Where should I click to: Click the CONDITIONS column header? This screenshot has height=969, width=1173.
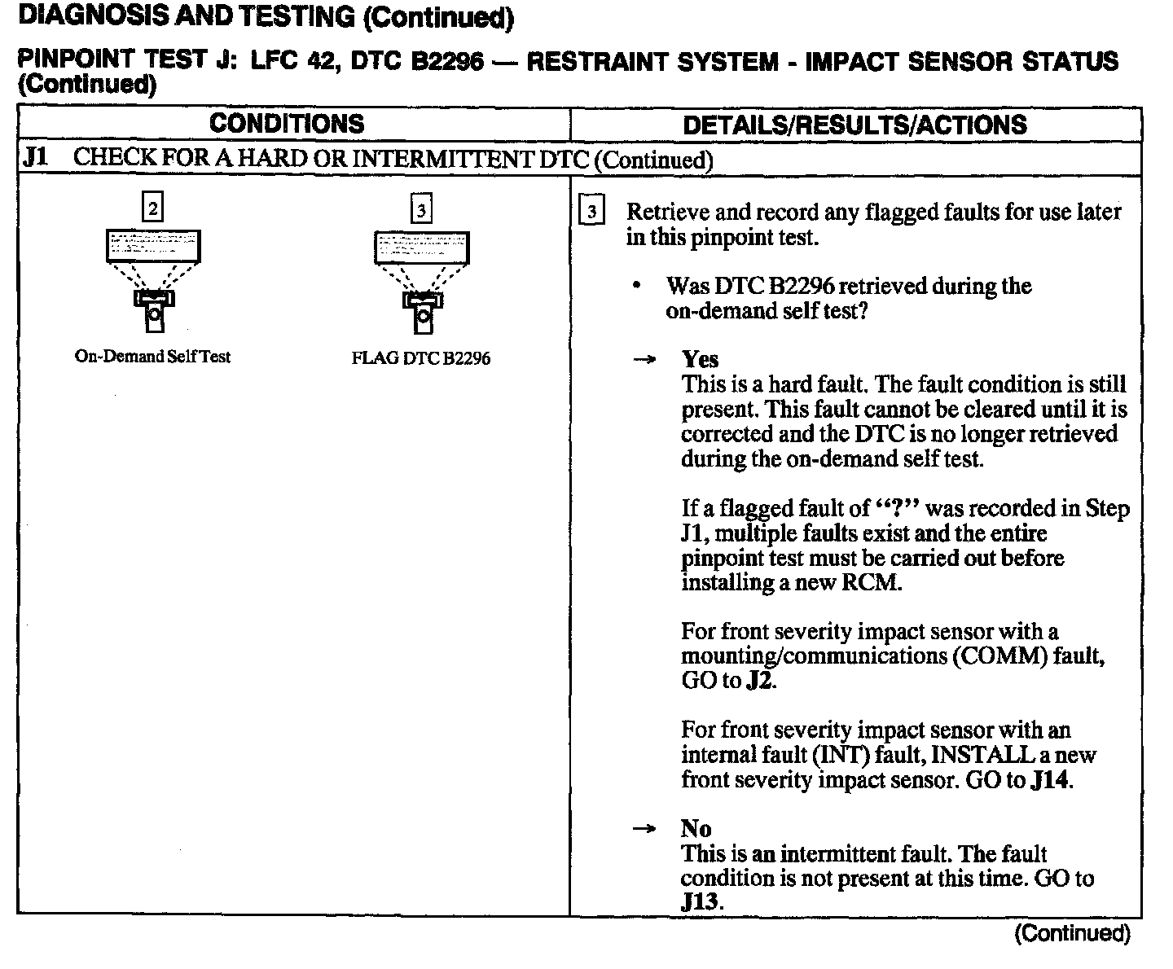coord(287,124)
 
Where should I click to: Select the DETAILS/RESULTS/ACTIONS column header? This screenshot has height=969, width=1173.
coord(854,125)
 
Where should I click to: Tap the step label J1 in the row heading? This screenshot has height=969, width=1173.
coord(35,157)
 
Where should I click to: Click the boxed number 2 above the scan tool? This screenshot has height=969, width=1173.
coord(152,208)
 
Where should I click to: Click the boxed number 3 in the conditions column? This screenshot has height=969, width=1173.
coord(420,210)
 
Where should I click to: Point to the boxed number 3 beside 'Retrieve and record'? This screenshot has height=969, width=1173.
coord(591,213)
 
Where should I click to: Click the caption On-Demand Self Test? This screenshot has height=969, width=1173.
coord(152,357)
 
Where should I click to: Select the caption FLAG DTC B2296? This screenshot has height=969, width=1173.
coord(420,358)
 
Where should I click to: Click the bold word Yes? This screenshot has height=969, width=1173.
coord(700,360)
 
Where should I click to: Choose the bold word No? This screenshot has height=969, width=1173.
coord(696,829)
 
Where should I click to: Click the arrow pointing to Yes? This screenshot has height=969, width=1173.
coord(645,360)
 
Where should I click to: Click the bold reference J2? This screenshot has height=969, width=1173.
coord(760,681)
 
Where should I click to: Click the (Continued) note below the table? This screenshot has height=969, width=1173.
coord(1072,933)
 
